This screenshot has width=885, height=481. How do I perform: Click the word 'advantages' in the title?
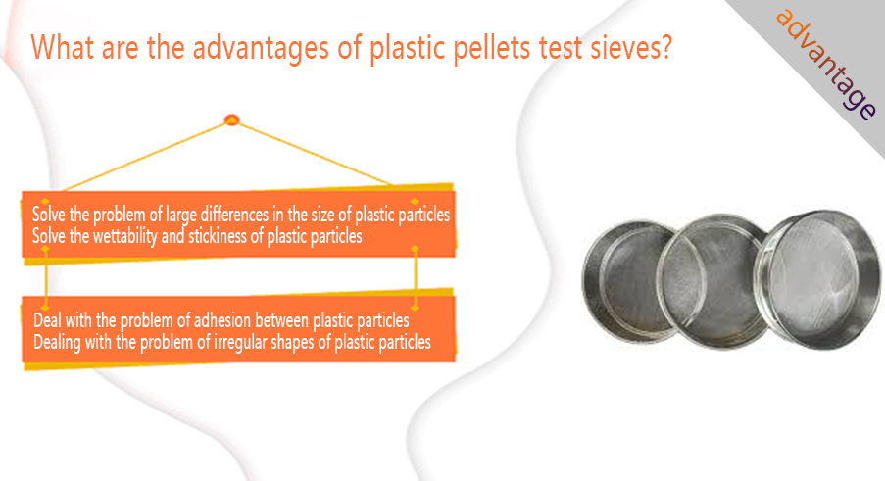click(x=261, y=47)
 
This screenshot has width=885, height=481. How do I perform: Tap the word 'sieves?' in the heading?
click(x=631, y=47)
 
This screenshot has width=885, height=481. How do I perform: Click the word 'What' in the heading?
click(x=62, y=47)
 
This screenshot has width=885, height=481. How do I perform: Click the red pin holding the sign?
click(x=232, y=120)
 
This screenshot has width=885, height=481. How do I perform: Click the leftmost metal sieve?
click(x=629, y=280)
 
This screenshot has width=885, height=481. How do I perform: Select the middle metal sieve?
click(x=713, y=281)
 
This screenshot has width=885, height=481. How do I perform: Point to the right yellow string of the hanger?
click(x=315, y=153)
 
